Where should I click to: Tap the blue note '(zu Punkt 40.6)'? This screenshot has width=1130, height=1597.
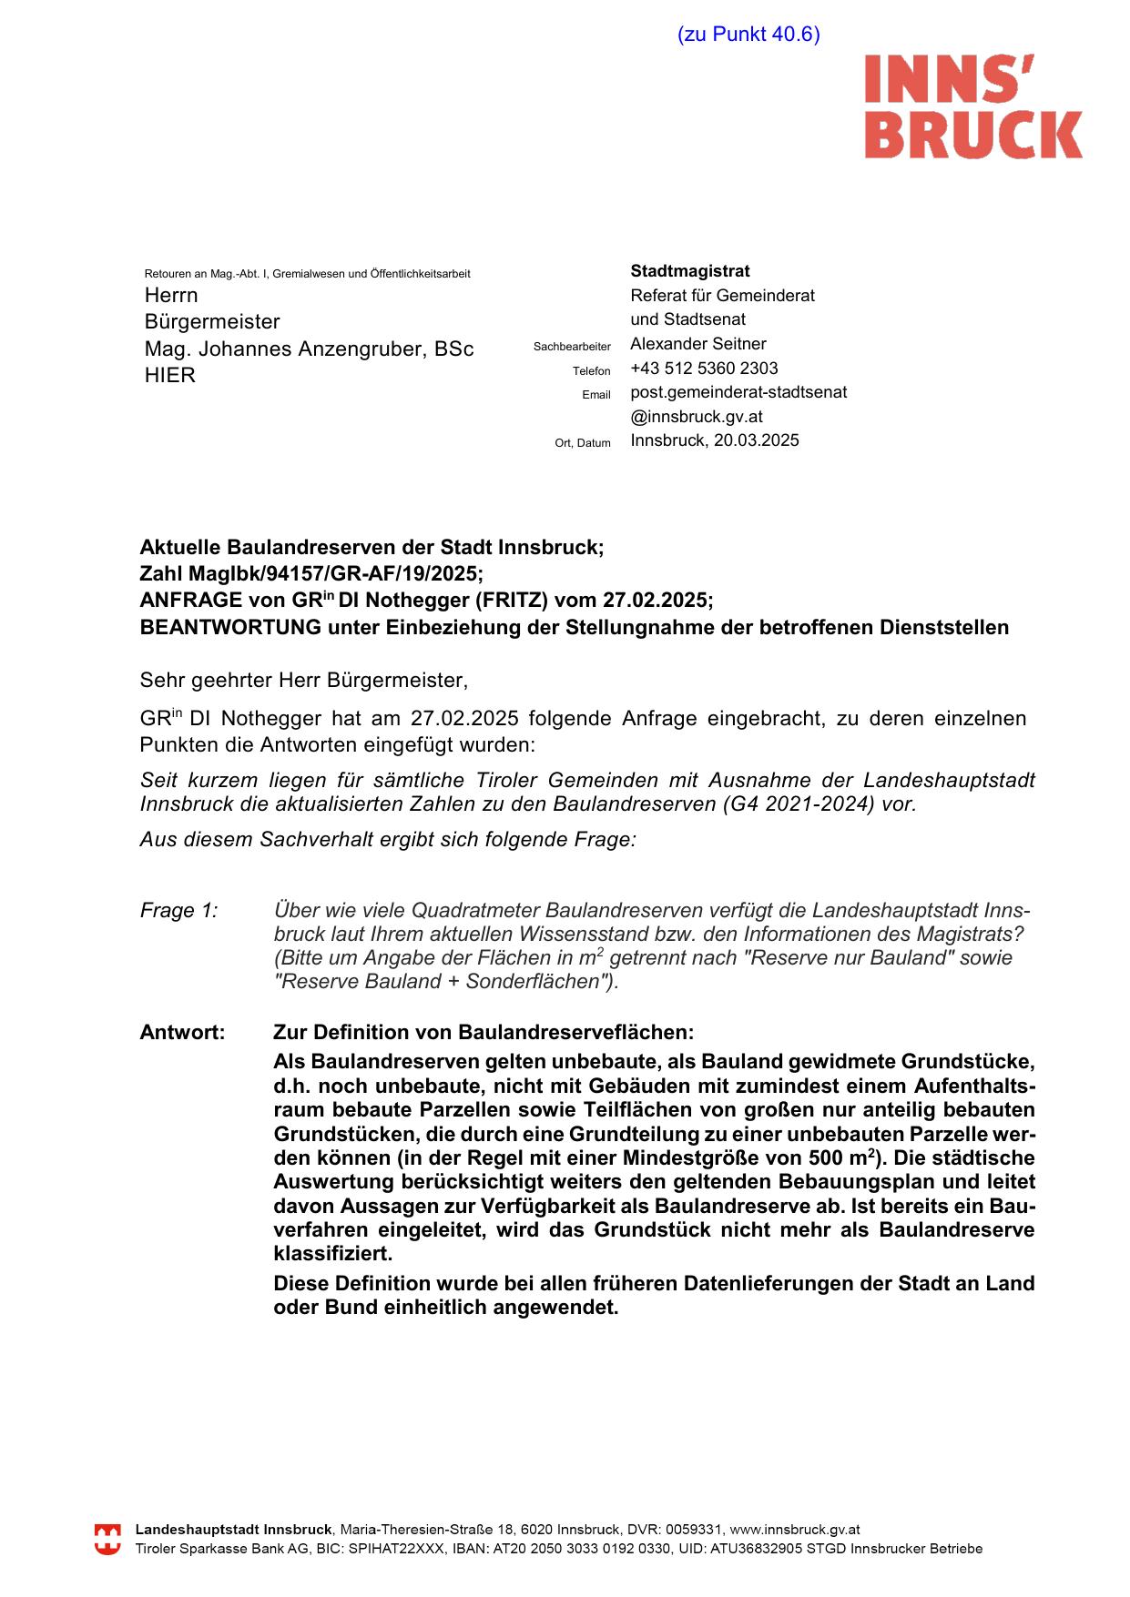(x=748, y=35)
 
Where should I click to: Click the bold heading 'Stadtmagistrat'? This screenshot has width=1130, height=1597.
(x=690, y=271)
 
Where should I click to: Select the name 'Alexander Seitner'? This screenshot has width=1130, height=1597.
(x=698, y=344)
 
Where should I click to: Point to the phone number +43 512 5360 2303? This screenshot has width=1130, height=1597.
(x=704, y=369)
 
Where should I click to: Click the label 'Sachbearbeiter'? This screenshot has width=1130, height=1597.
(x=572, y=347)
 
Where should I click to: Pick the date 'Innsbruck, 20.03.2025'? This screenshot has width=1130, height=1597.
(x=715, y=440)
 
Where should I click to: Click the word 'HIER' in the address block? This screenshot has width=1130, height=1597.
(x=170, y=376)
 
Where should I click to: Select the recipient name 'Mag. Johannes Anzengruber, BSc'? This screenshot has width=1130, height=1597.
(x=309, y=349)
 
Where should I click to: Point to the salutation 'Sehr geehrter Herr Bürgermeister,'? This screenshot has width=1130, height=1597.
(x=303, y=680)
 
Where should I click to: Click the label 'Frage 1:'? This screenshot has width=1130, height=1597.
(x=179, y=911)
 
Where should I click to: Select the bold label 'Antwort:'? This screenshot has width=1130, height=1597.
(x=182, y=1033)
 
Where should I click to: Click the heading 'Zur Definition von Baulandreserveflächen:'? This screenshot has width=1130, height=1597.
(x=484, y=1033)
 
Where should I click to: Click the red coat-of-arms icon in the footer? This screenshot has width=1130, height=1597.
(x=107, y=1540)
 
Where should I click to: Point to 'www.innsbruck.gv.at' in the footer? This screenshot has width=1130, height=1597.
(x=795, y=1531)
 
